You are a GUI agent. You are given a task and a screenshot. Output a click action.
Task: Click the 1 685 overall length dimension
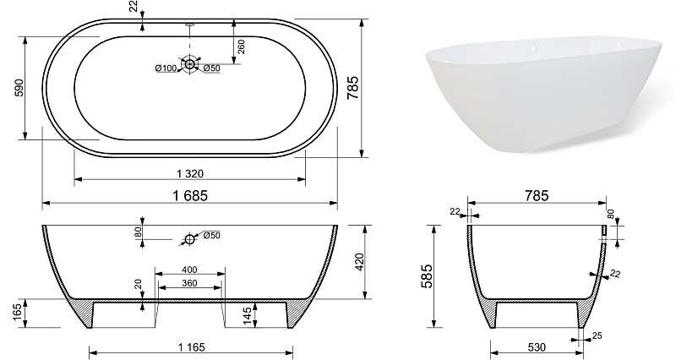(190, 196)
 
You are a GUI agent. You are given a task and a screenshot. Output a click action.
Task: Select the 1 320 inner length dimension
(189, 174)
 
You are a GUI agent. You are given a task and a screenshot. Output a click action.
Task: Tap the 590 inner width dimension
(19, 88)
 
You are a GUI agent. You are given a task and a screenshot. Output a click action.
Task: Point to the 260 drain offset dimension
(241, 46)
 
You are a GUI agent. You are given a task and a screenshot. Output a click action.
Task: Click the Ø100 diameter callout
(166, 68)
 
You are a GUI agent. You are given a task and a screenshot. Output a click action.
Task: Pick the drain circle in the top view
(189, 64)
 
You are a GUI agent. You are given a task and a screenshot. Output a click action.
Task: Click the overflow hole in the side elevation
(189, 239)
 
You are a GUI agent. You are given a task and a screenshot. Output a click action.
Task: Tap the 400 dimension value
(189, 270)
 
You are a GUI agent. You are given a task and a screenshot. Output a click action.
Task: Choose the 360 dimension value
(189, 283)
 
